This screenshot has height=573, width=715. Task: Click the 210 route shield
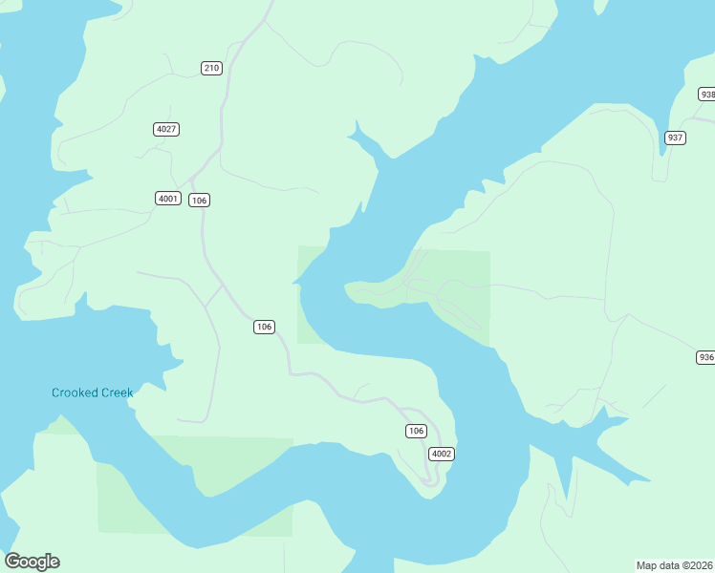pyautogui.click(x=211, y=68)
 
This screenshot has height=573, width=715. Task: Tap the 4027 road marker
pyautogui.click(x=166, y=129)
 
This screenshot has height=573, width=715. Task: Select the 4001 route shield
pyautogui.click(x=168, y=199)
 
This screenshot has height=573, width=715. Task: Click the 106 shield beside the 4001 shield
pyautogui.click(x=199, y=200)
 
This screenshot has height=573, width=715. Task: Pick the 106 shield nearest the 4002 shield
pyautogui.click(x=415, y=431)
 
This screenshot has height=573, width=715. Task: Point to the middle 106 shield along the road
pyautogui.click(x=265, y=327)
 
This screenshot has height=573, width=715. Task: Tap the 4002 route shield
pyautogui.click(x=441, y=454)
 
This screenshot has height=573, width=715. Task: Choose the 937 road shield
pyautogui.click(x=675, y=138)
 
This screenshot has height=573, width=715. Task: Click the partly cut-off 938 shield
pyautogui.click(x=706, y=95)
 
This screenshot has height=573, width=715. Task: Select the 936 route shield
pyautogui.click(x=705, y=357)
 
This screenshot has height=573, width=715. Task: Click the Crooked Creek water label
pyautogui.click(x=92, y=393)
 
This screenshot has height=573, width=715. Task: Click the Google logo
pyautogui.click(x=32, y=562)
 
